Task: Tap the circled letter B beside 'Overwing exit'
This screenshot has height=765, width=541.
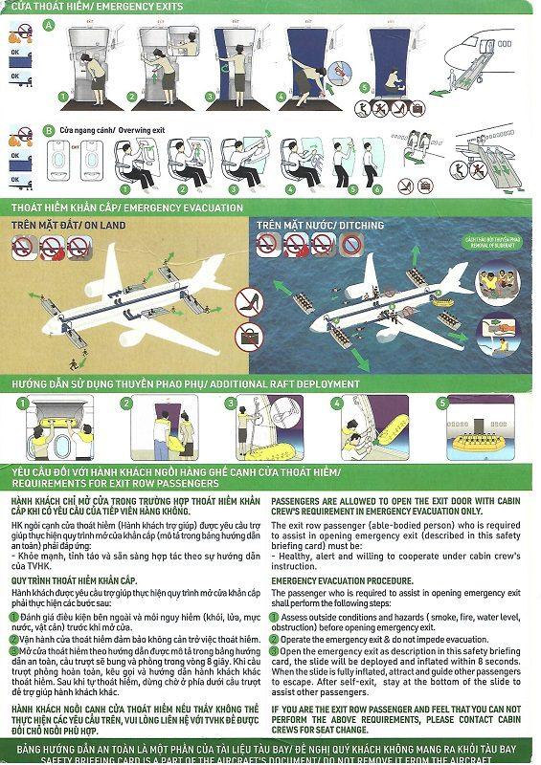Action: pyautogui.click(x=49, y=130)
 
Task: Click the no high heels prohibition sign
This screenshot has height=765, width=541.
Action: pyautogui.click(x=247, y=303)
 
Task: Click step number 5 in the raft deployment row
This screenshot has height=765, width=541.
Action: pyautogui.click(x=441, y=403)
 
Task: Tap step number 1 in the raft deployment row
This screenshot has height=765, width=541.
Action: pyautogui.click(x=21, y=403)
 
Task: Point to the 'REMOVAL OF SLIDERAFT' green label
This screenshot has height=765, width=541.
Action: pyautogui.click(x=493, y=242)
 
